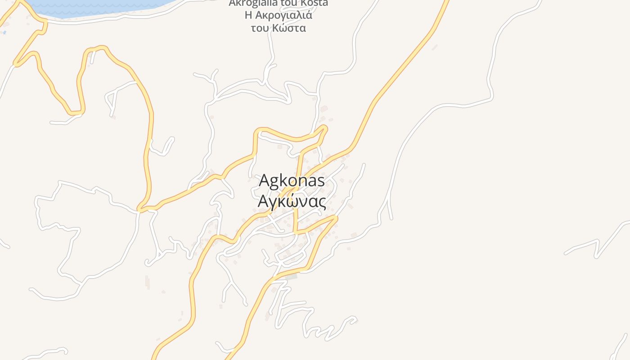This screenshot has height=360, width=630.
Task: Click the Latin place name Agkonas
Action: tap(292, 180)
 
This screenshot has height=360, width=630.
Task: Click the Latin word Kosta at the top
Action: tap(312, 3)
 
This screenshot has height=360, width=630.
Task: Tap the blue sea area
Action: tap(99, 7)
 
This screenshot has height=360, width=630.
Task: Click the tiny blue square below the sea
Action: tap(4, 33)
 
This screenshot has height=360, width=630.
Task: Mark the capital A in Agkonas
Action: tap(265, 180)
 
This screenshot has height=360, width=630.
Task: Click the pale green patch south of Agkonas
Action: tap(291, 277)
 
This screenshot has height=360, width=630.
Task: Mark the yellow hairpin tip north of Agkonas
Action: tap(324, 129)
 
